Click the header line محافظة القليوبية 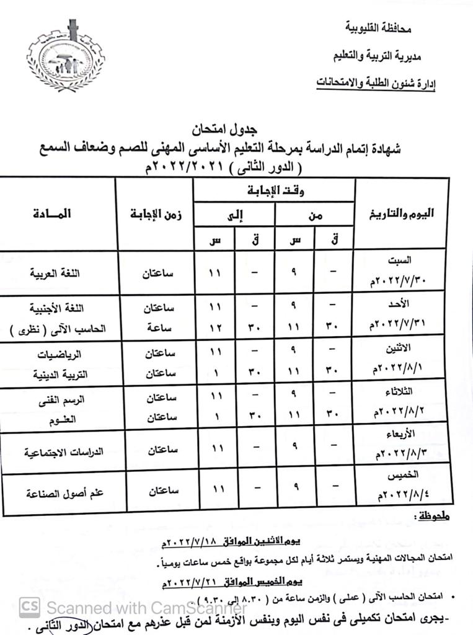point(378,29)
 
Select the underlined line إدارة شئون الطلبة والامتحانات point(376,82)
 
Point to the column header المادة point(54,214)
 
